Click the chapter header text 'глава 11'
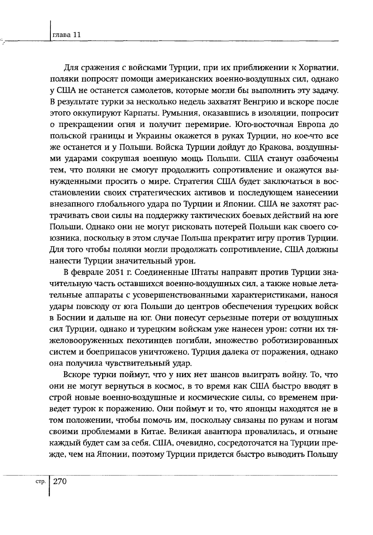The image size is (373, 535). pos(66,35)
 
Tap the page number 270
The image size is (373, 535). pos(60,481)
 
